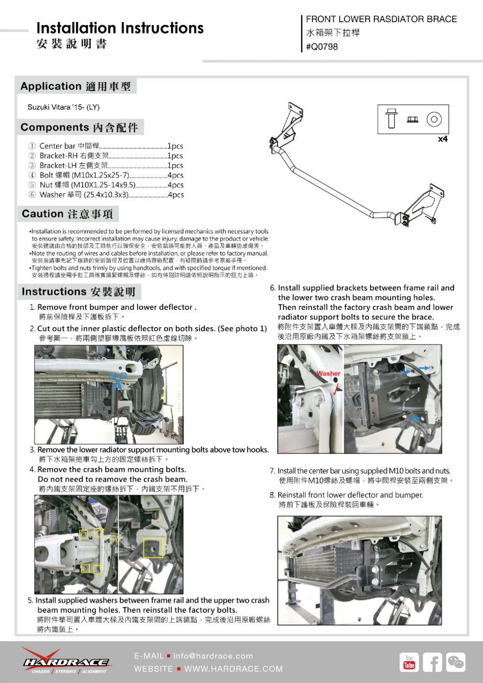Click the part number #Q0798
(x=322, y=47)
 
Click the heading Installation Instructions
(x=120, y=28)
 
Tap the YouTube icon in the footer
(x=409, y=662)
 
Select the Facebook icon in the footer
(x=432, y=662)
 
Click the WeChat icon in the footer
(x=455, y=662)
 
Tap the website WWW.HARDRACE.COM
(x=233, y=669)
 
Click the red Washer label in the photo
(x=328, y=374)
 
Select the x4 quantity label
(x=442, y=139)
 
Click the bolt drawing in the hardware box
(x=391, y=119)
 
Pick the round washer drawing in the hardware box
(x=434, y=119)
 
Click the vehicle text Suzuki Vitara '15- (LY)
(x=63, y=107)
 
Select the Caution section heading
(x=67, y=214)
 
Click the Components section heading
(x=79, y=127)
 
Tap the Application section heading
(x=75, y=86)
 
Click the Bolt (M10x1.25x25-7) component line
(x=106, y=175)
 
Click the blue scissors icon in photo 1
(x=117, y=380)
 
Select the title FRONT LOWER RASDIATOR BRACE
(x=381, y=19)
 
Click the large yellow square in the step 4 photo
(x=153, y=549)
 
